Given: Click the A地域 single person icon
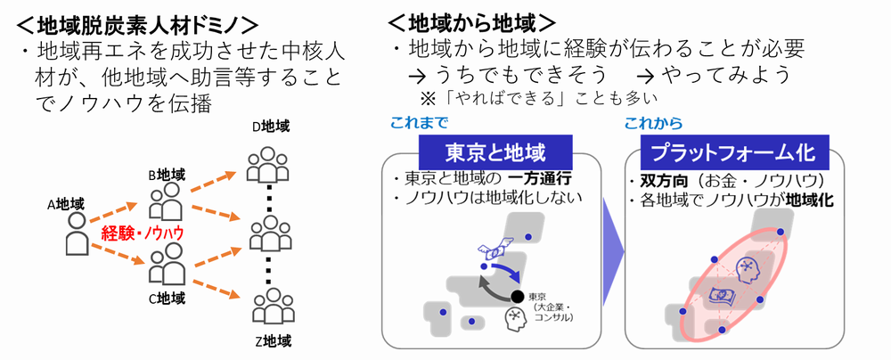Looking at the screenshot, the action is click(78, 233).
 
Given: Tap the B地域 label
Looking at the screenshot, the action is click(167, 174).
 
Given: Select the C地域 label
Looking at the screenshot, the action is click(168, 297).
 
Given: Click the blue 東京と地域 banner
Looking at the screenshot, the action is click(495, 152).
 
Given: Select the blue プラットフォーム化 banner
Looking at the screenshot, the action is click(735, 152).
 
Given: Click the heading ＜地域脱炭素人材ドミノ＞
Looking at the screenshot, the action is click(138, 24).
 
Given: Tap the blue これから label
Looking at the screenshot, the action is click(653, 122).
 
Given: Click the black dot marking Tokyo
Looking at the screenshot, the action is click(517, 297).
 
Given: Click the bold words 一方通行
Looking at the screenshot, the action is click(539, 179).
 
